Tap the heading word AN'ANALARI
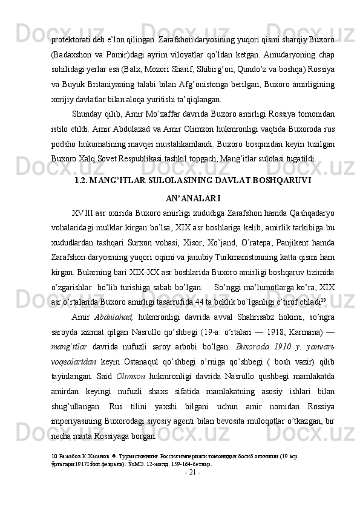point(192,198)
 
